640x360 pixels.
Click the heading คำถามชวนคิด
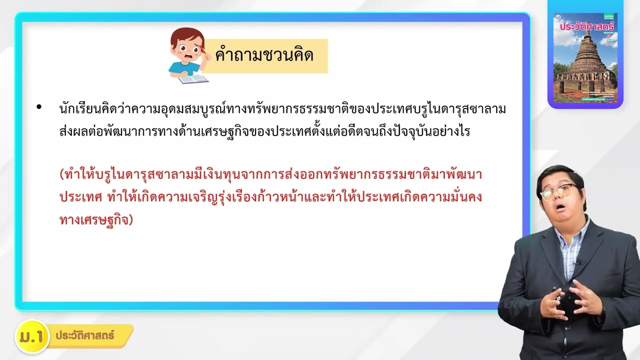click(x=264, y=55)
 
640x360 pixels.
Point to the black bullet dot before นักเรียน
click(x=39, y=107)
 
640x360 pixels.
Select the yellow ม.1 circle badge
click(x=31, y=336)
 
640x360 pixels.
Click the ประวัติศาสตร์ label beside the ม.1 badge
click(x=85, y=335)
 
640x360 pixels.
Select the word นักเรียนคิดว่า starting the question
click(x=88, y=108)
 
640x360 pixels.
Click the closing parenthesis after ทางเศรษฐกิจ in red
click(x=131, y=220)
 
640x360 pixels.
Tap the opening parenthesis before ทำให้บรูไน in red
click(x=61, y=175)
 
